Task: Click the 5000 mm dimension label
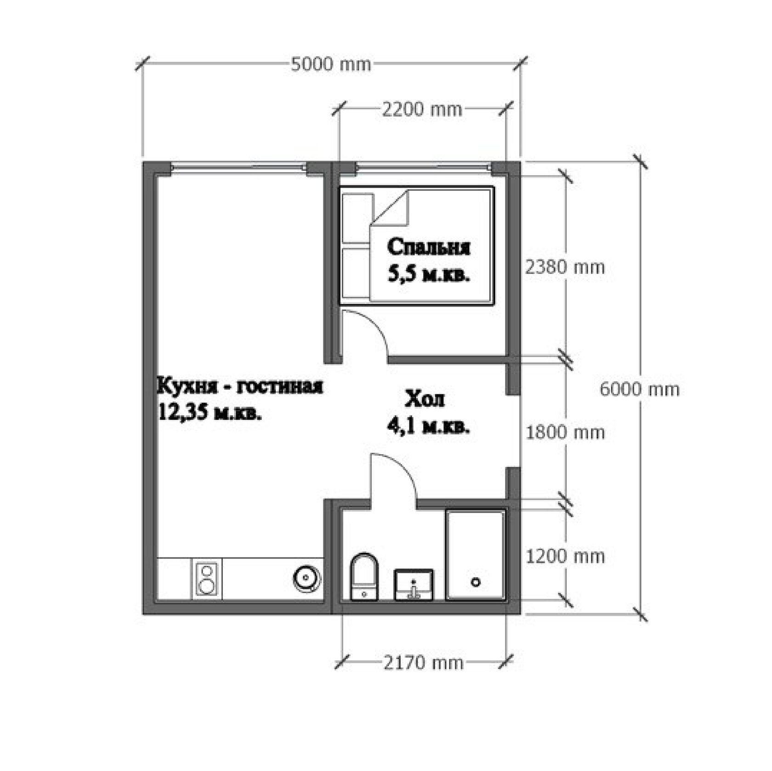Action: pyautogui.click(x=331, y=65)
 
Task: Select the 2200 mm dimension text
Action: pyautogui.click(x=422, y=110)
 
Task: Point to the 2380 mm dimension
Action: pyautogui.click(x=565, y=267)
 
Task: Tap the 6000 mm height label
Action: pyautogui.click(x=639, y=389)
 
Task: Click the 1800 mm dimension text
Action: pyautogui.click(x=565, y=433)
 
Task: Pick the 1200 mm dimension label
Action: pyautogui.click(x=565, y=557)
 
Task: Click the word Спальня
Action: pyautogui.click(x=429, y=247)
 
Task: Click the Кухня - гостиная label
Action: pyautogui.click(x=240, y=385)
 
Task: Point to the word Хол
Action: pyautogui.click(x=425, y=399)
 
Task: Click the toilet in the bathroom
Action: pyautogui.click(x=364, y=577)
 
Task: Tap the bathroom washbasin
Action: pyautogui.click(x=414, y=585)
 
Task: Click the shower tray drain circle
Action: pyautogui.click(x=476, y=582)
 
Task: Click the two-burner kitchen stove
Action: pyautogui.click(x=207, y=579)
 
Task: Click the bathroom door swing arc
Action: pyautogui.click(x=404, y=467)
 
